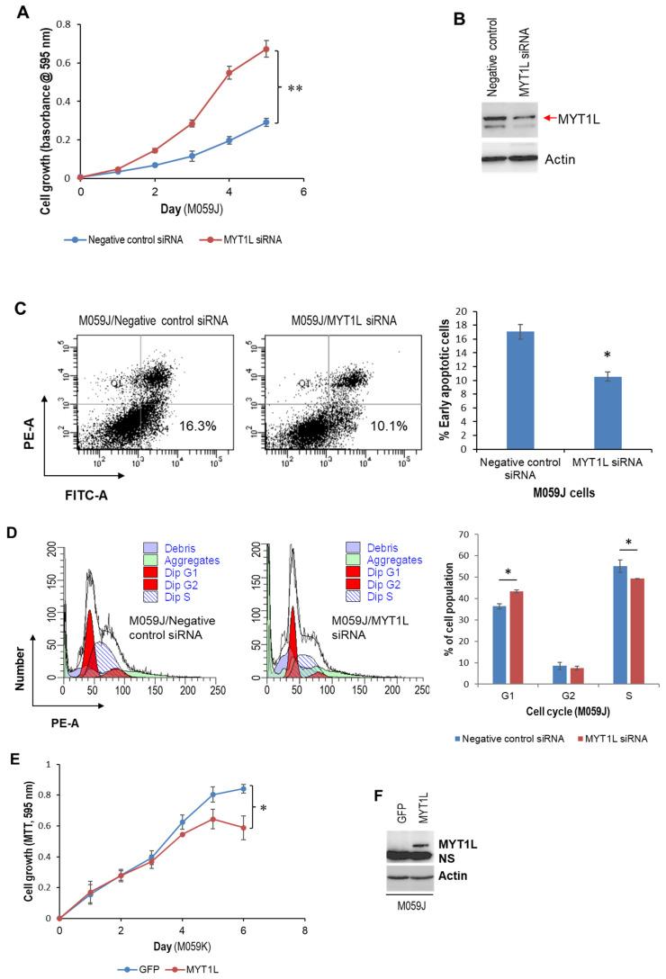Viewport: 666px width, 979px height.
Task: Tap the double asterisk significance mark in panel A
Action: tap(294, 89)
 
